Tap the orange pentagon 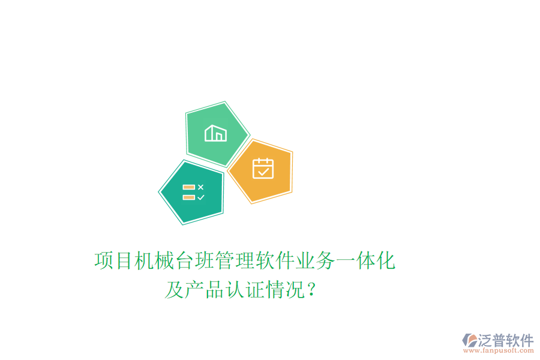tap(262, 171)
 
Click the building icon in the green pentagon tap(215, 133)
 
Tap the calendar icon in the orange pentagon tap(263, 169)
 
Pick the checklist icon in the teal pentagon tap(193, 192)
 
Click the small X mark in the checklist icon tap(201, 187)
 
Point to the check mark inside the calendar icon tap(263, 172)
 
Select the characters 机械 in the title tap(155, 261)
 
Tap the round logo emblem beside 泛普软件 tap(468, 341)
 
